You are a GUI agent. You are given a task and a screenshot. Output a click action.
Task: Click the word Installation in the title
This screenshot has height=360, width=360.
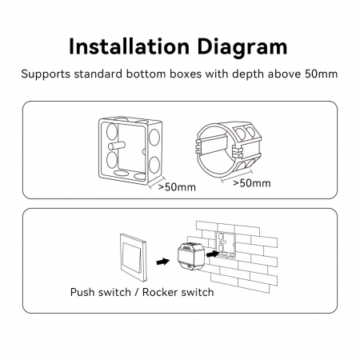pos(129,46)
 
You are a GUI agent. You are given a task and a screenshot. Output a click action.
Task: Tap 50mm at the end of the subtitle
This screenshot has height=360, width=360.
pos(321,74)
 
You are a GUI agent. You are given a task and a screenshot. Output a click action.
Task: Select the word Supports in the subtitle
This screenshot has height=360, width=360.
pos(46,74)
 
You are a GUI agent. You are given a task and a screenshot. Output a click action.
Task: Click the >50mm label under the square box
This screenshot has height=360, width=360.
pos(177,187)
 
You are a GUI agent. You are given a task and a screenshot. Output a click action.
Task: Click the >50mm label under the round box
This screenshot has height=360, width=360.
pos(252,183)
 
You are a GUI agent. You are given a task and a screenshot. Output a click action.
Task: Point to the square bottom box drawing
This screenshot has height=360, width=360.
pos(130,150)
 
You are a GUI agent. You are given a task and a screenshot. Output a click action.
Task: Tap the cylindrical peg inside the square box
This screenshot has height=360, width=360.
pos(116,146)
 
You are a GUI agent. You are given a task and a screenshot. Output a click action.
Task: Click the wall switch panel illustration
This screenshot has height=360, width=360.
pos(134,258)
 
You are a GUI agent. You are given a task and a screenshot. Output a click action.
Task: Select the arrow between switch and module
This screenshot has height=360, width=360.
pos(163,262)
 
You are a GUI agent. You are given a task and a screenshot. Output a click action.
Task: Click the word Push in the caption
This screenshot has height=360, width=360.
pos(82,292)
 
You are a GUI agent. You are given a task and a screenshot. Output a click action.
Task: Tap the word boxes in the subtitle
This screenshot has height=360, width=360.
pos(186,74)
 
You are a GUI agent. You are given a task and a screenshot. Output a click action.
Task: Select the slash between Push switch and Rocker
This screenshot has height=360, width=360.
pos(137,292)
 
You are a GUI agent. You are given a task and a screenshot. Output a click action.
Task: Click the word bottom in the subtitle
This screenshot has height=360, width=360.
pos(146,74)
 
